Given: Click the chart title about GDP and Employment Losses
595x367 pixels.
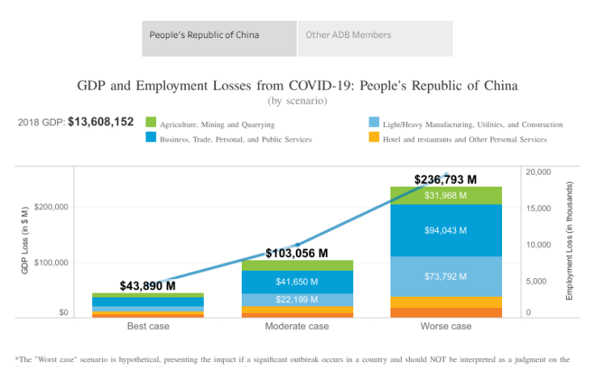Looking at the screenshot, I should click(297, 85).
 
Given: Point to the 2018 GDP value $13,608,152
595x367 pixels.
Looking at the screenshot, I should click(100, 122).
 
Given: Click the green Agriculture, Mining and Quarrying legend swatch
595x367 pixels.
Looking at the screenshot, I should click(150, 123).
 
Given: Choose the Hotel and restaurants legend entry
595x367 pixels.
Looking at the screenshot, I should click(464, 139).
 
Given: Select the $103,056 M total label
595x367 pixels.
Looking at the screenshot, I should click(297, 253).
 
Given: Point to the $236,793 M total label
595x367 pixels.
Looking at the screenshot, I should click(445, 179).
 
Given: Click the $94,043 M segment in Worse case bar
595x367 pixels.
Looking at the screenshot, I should click(445, 230).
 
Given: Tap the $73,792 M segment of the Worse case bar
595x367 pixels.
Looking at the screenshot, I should click(445, 276).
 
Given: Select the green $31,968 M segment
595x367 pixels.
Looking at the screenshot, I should click(445, 196).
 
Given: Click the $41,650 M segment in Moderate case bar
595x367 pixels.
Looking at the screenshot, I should click(297, 282).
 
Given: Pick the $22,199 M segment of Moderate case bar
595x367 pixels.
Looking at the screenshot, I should click(297, 300).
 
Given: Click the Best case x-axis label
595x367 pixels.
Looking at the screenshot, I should click(148, 327).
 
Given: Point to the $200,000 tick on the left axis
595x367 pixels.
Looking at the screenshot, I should click(50, 207).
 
